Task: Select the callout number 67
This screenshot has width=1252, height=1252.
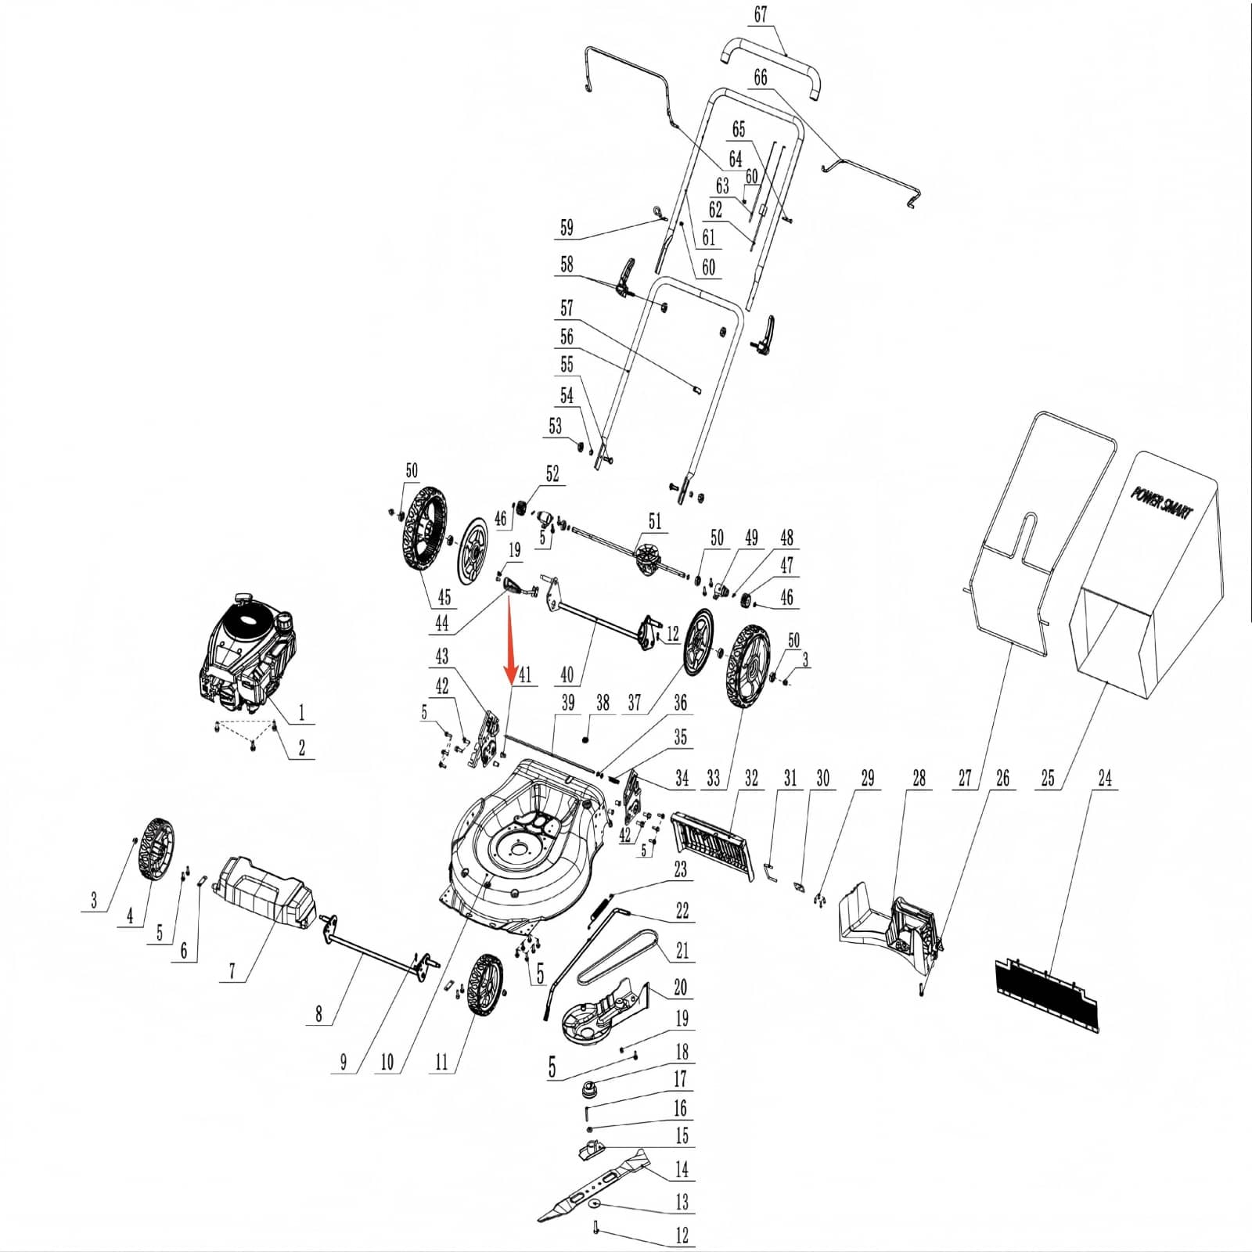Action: click(760, 15)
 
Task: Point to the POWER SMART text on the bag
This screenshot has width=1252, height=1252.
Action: click(1163, 502)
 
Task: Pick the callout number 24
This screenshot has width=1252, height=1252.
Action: click(1105, 778)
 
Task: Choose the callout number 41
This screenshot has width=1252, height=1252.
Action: click(524, 675)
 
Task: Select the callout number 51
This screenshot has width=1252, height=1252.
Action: click(654, 520)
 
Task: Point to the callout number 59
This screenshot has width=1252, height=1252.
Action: click(567, 228)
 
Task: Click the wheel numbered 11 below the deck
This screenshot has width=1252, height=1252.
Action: click(487, 984)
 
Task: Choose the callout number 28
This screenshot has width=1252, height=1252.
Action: click(919, 778)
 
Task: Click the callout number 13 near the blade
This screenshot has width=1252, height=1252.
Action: click(682, 1201)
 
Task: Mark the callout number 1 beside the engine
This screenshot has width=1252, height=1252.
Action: click(301, 713)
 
